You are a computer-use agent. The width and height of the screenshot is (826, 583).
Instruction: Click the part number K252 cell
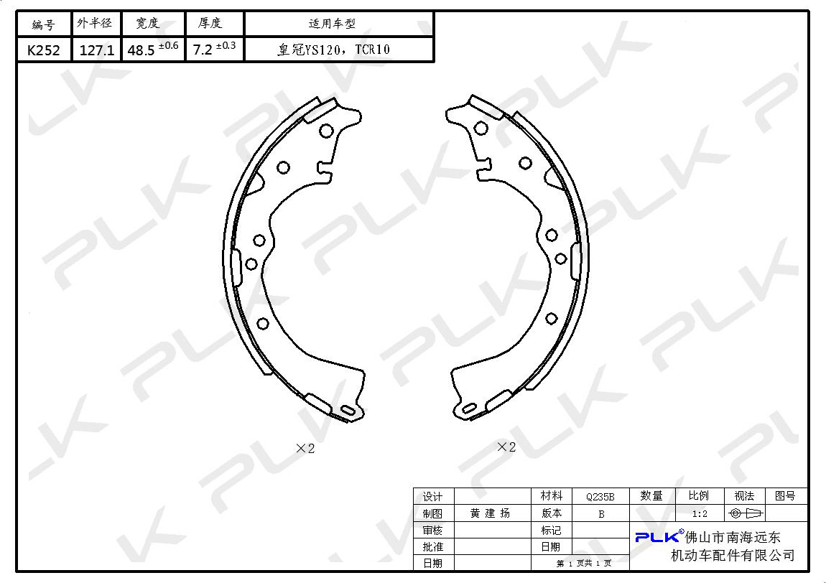tap(43, 50)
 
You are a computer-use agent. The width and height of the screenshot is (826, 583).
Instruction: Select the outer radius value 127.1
tap(96, 50)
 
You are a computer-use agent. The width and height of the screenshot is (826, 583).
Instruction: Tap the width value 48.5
tap(141, 50)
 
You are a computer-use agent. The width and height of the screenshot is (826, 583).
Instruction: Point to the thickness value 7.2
tap(203, 50)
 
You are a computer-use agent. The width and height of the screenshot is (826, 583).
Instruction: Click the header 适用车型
tap(332, 23)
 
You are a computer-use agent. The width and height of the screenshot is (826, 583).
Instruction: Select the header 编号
tap(43, 24)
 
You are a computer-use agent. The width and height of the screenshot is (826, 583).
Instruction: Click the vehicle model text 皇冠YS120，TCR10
tap(333, 50)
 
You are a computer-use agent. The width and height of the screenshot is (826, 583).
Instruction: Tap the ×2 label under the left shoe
tap(305, 448)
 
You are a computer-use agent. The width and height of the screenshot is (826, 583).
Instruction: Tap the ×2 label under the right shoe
tap(506, 447)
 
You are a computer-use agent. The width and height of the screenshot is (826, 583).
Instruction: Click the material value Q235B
tap(600, 496)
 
